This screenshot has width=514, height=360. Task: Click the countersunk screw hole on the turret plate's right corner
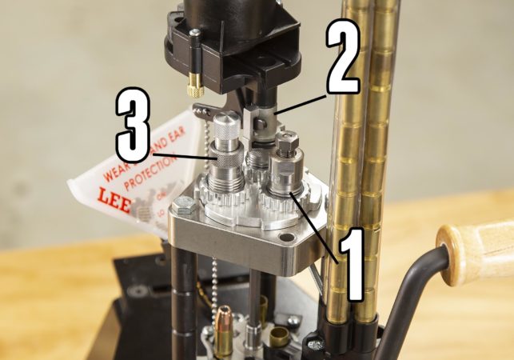285,238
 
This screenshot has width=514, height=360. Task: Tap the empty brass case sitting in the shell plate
278,336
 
